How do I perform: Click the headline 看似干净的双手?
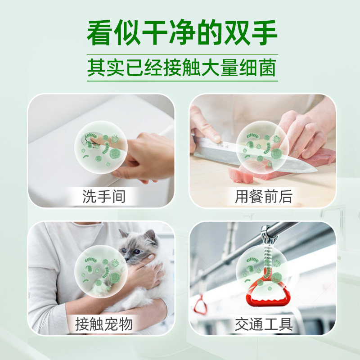(182, 32)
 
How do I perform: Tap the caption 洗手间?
(103, 196)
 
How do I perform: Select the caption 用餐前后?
(263, 196)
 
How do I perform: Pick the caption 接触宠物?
(103, 324)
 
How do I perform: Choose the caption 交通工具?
(263, 324)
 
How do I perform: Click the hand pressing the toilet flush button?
(144, 155)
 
